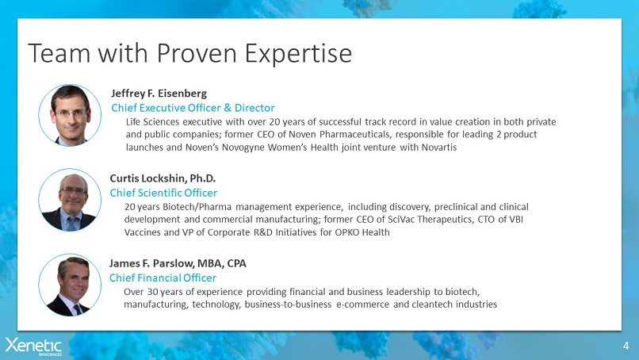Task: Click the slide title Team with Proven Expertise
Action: [x=190, y=53]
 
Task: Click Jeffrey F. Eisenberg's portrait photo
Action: [x=70, y=115]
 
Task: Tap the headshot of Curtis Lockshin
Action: [x=70, y=200]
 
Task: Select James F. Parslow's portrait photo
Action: [x=70, y=285]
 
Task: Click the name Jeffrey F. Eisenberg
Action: [x=159, y=94]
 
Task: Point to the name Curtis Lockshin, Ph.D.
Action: [x=163, y=178]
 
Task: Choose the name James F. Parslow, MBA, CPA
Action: [x=178, y=263]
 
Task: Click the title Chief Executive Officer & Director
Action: [x=193, y=108]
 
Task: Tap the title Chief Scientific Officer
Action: [x=163, y=193]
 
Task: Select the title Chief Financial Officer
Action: [x=163, y=278]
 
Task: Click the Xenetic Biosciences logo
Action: [x=33, y=347]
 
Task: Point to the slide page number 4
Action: [x=626, y=347]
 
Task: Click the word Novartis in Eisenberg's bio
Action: [x=439, y=147]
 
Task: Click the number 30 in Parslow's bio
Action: [x=152, y=292]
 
